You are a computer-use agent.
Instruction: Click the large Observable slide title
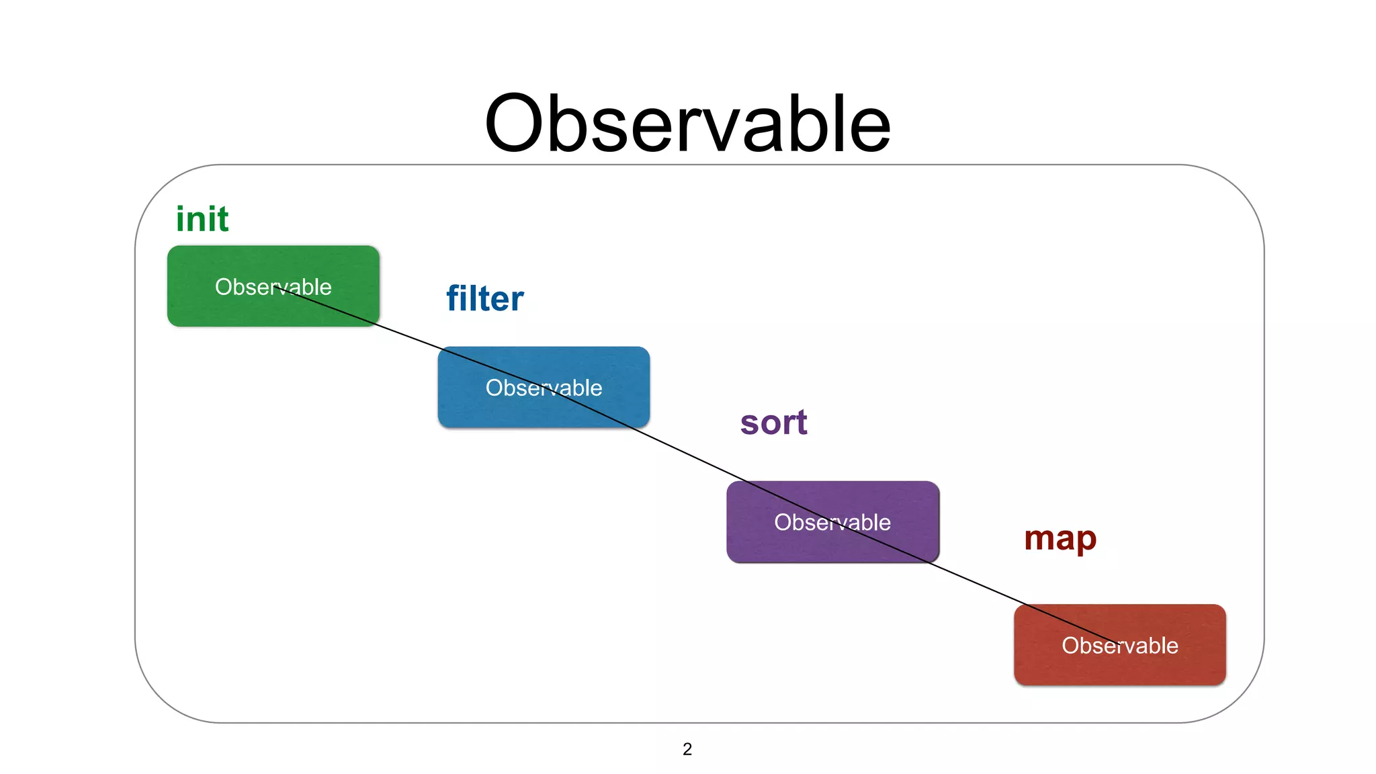(687, 124)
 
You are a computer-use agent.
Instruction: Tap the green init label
(202, 219)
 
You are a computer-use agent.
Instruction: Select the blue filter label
(485, 298)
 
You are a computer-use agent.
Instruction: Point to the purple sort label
(773, 423)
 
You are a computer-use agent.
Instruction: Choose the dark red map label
(1060, 538)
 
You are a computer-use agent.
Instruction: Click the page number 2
(687, 749)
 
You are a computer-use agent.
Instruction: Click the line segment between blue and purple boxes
(689, 454)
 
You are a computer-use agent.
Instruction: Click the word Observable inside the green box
(273, 287)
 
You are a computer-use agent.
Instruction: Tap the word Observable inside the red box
(1119, 646)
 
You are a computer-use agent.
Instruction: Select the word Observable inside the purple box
(832, 522)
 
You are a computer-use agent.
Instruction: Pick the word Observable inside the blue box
(544, 388)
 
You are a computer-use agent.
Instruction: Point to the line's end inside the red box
(1117, 643)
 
